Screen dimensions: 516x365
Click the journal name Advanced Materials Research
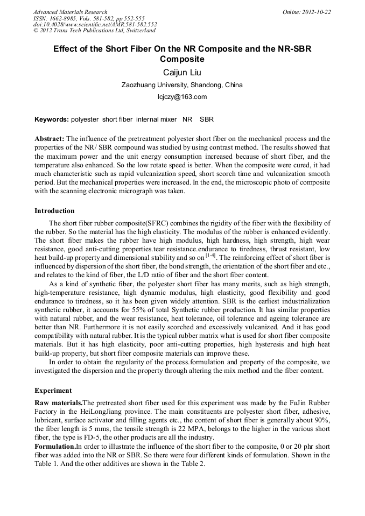pyautogui.click(x=70, y=12)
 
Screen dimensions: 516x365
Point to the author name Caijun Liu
pyautogui.click(x=182, y=72)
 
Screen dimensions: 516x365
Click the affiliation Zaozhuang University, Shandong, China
pyautogui.click(x=182, y=85)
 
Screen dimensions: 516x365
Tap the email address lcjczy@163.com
pyautogui.click(x=182, y=97)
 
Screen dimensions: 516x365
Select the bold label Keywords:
pyautogui.click(x=52, y=119)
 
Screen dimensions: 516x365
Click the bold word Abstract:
pyautogui.click(x=50, y=139)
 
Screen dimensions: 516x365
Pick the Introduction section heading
pyautogui.click(x=54, y=211)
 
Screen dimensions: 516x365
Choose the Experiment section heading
pyautogui.click(x=53, y=390)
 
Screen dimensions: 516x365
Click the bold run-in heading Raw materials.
pyautogui.click(x=58, y=402)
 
